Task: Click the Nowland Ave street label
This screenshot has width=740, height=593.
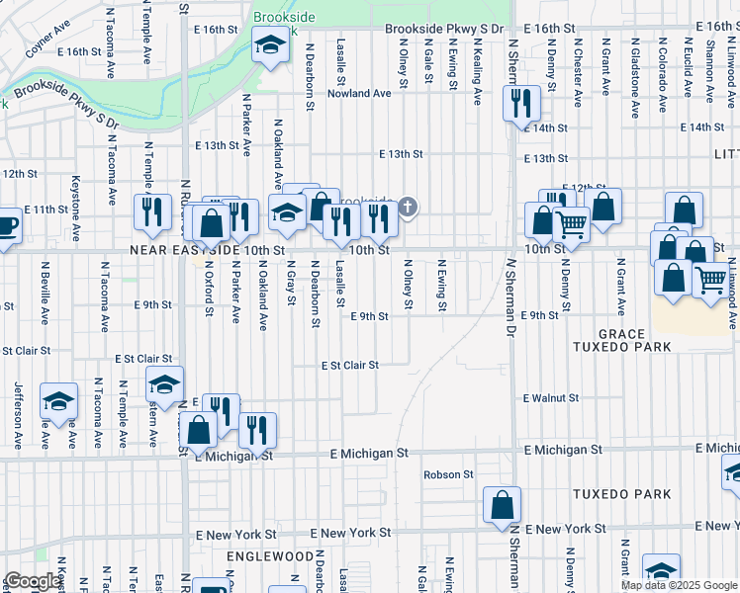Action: coord(360,94)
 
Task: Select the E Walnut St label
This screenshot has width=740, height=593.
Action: coord(551,398)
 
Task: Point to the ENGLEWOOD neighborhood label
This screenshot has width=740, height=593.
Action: coord(261,556)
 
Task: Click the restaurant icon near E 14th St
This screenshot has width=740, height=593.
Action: coord(518,102)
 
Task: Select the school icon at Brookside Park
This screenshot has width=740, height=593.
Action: coord(267,45)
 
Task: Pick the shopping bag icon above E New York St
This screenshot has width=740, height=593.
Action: coord(503,505)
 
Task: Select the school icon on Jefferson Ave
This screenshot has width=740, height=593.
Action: coord(58,401)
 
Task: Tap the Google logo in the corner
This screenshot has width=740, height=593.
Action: coord(34,581)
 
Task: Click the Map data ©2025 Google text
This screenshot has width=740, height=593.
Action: coord(679,585)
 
